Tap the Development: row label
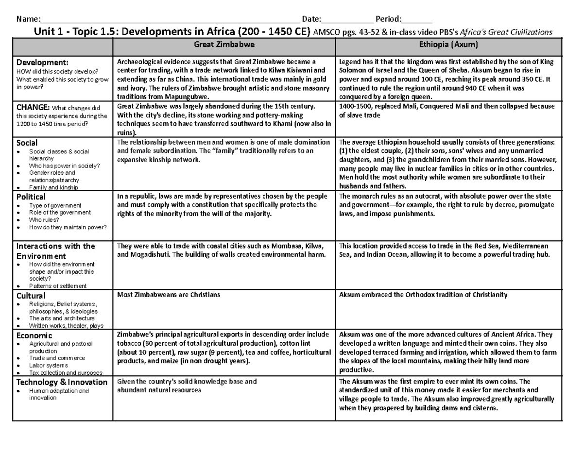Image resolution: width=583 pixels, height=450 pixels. click(43, 62)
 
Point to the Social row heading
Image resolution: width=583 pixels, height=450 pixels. click(27, 143)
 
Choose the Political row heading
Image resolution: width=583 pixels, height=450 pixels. click(31, 197)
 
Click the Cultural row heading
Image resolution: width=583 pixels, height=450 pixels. click(31, 295)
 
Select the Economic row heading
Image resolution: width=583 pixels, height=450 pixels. click(34, 335)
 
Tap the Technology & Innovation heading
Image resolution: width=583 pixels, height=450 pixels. click(62, 382)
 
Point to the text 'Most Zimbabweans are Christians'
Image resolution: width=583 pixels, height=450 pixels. click(169, 295)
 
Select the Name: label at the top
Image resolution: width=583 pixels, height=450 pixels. click(27, 19)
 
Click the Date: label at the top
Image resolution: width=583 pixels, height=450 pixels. click(311, 19)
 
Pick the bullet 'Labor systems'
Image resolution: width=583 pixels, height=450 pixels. click(49, 365)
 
